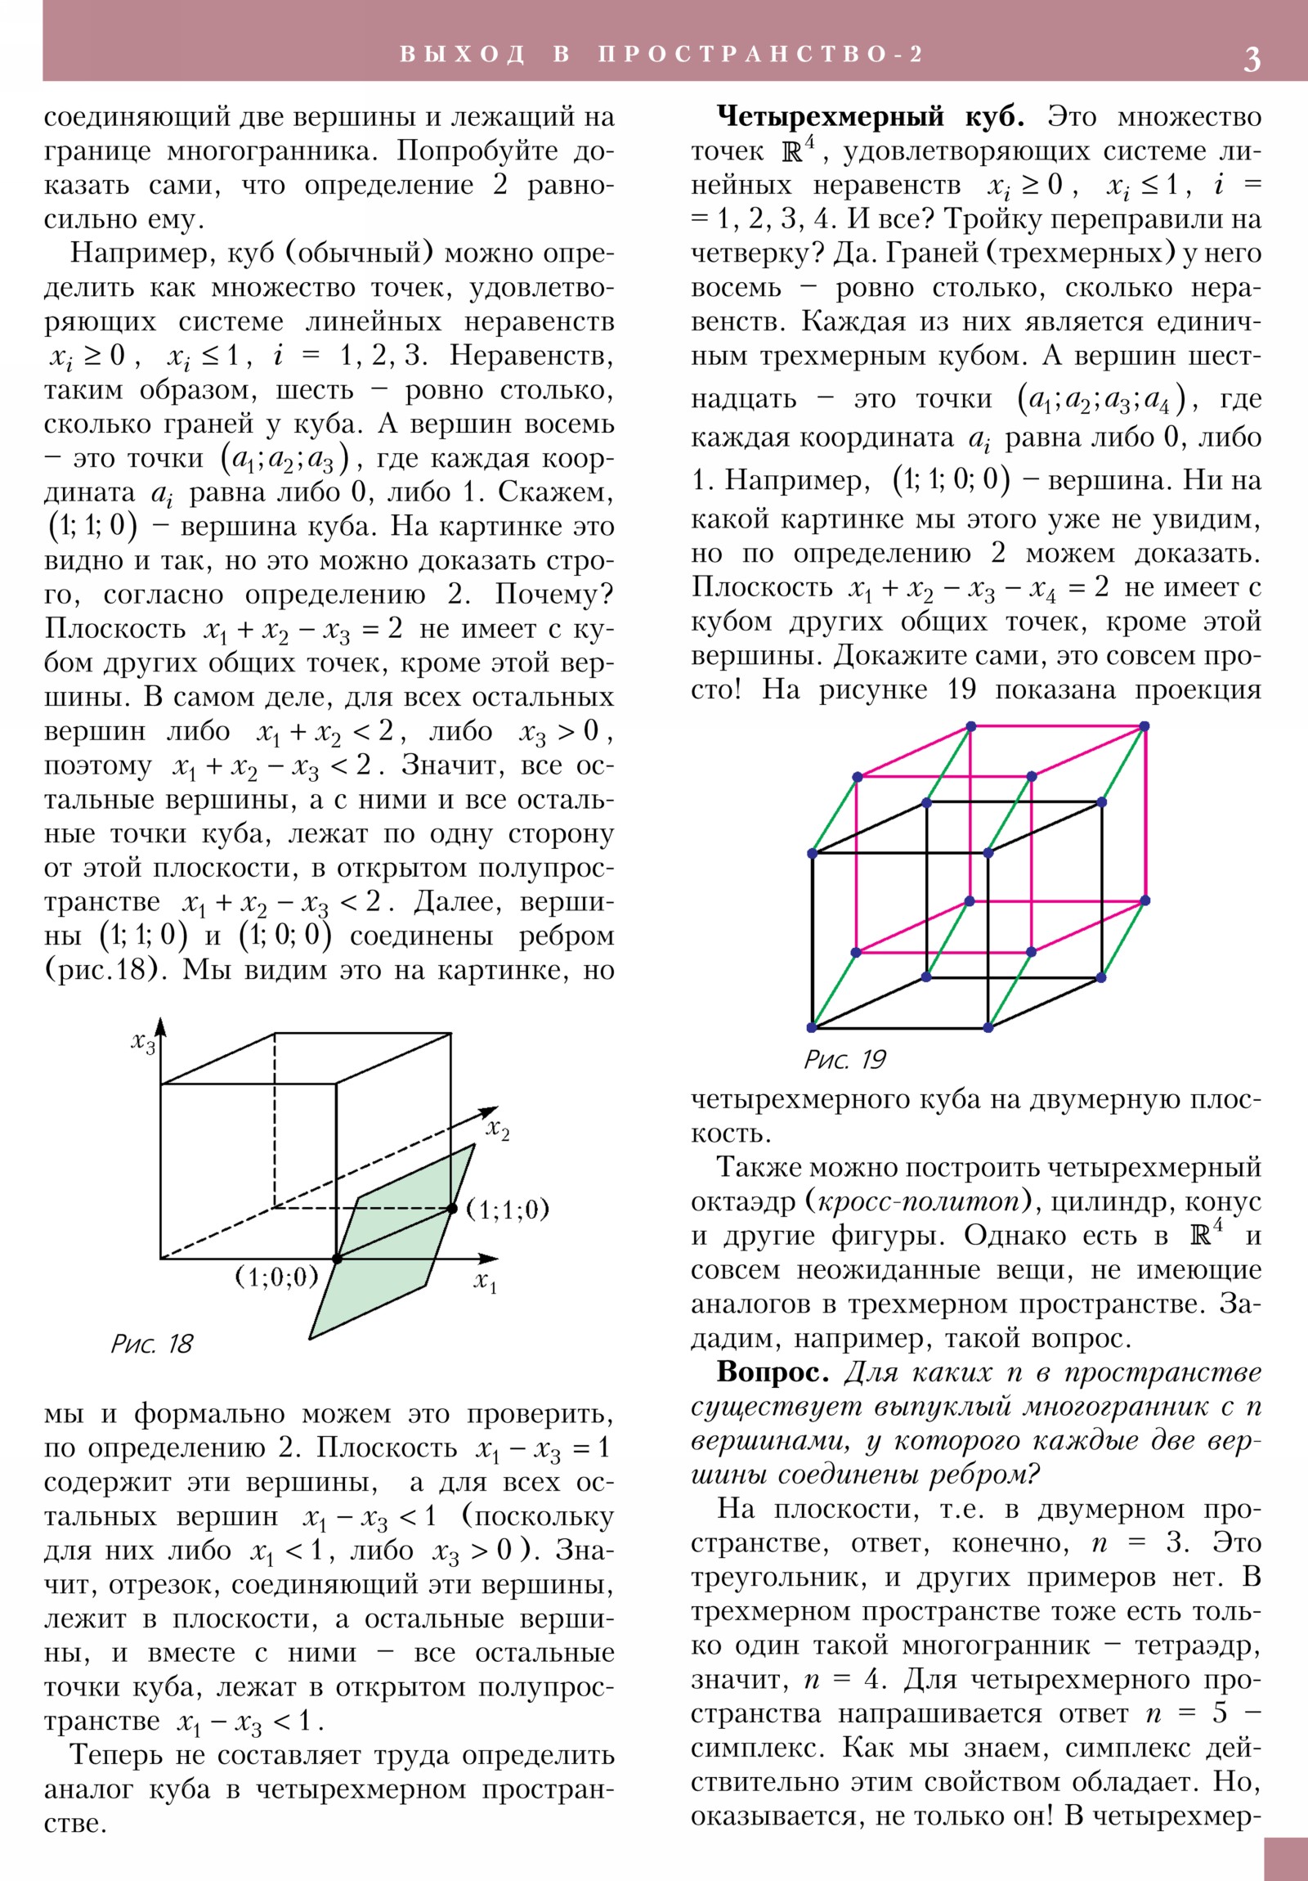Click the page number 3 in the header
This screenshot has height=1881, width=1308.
tap(1252, 59)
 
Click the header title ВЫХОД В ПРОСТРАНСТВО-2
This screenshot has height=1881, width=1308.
tap(662, 55)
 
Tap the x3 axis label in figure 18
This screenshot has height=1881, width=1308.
tap(142, 1043)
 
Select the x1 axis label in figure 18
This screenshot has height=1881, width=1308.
tap(485, 1282)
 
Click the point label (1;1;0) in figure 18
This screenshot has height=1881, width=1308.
tap(507, 1210)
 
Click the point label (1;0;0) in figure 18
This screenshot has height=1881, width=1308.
tap(276, 1277)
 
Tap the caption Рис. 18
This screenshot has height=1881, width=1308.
tap(151, 1344)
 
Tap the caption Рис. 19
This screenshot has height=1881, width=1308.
tap(844, 1060)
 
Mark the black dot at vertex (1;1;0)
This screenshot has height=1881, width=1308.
tap(451, 1209)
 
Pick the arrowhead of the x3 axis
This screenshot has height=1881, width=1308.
tap(160, 1026)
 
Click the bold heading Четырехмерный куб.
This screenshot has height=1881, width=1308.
tap(870, 117)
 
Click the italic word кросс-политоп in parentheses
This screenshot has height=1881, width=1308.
tap(922, 1202)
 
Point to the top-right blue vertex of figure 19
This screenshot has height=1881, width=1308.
tap(1144, 727)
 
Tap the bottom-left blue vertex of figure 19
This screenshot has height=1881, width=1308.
tap(812, 1027)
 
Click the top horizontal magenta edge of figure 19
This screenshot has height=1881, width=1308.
tap(1056, 727)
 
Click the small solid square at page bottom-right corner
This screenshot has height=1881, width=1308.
tap(1285, 1859)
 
